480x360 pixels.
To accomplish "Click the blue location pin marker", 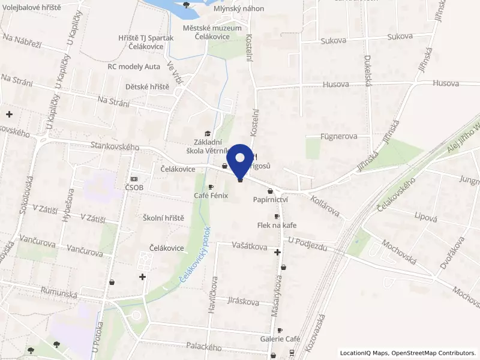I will pyautogui.click(x=241, y=159).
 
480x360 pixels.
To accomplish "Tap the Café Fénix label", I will pyautogui.click(x=211, y=196).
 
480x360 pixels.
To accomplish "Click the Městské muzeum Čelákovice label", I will pyautogui.click(x=213, y=32).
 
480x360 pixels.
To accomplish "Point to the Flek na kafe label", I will pyautogui.click(x=277, y=225).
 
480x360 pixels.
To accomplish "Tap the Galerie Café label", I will pyautogui.click(x=280, y=339).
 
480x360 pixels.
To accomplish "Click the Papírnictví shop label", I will pyautogui.click(x=271, y=199).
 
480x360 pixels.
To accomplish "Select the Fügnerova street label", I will pyautogui.click(x=339, y=136).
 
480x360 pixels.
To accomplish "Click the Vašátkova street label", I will pyautogui.click(x=250, y=245).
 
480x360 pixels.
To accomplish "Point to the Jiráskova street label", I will pyautogui.click(x=244, y=302).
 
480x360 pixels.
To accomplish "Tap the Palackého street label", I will pyautogui.click(x=203, y=347).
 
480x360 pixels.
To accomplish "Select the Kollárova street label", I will pyautogui.click(x=324, y=206).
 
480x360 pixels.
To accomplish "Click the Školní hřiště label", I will pyautogui.click(x=164, y=218).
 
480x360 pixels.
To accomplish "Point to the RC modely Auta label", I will pyautogui.click(x=134, y=67).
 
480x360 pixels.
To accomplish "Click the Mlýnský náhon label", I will pyautogui.click(x=236, y=9).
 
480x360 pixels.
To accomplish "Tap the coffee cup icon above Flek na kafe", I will pyautogui.click(x=277, y=216).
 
